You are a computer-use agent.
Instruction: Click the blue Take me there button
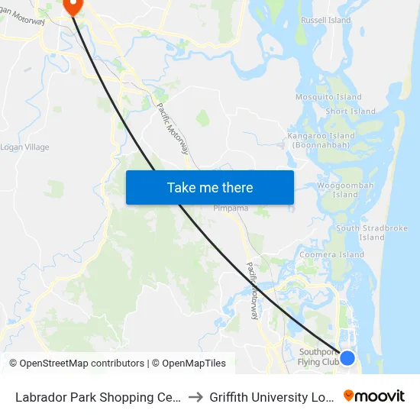point(210,187)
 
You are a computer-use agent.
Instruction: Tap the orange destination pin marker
point(73,7)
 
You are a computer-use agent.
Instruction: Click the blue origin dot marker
point(347,357)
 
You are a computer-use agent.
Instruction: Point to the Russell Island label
point(326,20)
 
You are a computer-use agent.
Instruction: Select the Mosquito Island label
point(328,98)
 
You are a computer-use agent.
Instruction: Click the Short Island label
point(351,111)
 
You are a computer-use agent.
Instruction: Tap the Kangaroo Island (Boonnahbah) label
point(318,141)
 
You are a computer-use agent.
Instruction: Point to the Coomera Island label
point(331,254)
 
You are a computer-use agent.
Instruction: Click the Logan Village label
point(24,147)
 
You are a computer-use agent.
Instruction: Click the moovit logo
point(373,396)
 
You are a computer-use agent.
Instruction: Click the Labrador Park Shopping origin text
point(99,396)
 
